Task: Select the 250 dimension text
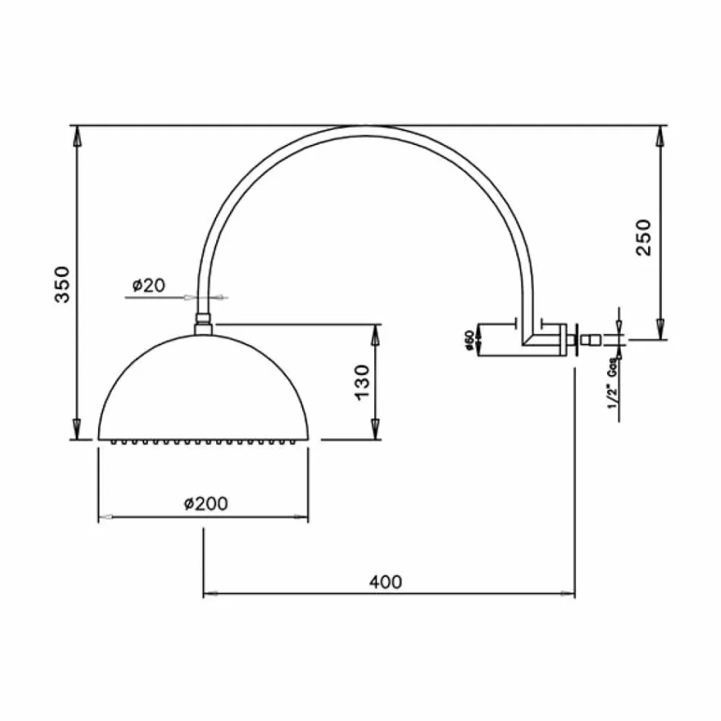(643, 237)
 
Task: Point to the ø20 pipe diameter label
(148, 286)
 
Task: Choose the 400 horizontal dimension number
(386, 582)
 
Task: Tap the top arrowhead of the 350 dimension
(76, 138)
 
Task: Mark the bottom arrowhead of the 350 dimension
(76, 427)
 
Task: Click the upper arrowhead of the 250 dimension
(660, 138)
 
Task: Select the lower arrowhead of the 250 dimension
(660, 328)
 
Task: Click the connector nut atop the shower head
(203, 324)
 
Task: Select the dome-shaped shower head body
(203, 387)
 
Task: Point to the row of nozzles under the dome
(203, 441)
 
